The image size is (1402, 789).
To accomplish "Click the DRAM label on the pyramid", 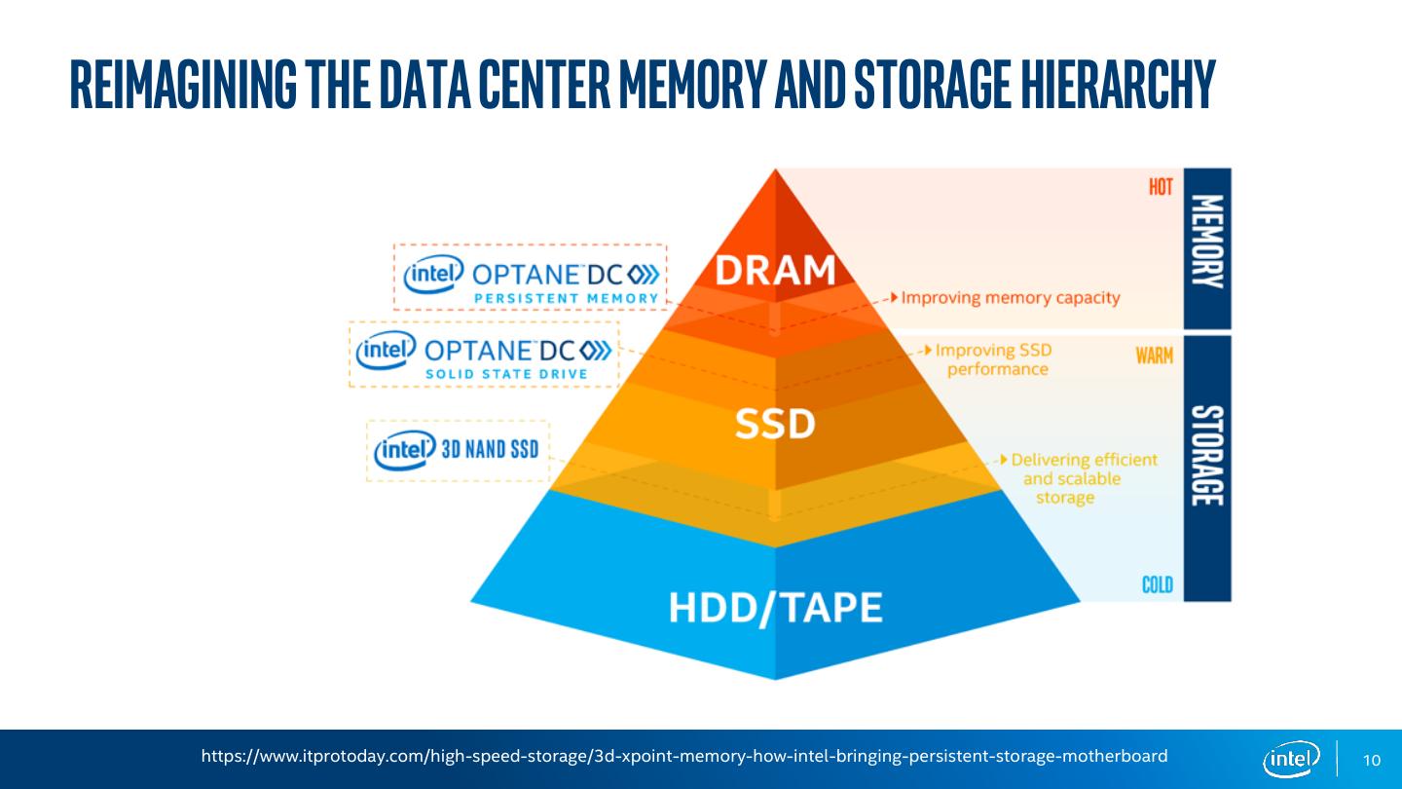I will click(776, 270).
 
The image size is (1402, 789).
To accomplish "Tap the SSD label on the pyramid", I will click(775, 424).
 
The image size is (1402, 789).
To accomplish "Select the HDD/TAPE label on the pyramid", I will click(775, 608).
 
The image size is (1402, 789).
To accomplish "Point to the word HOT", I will click(1161, 187).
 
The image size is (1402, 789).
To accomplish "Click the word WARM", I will click(1155, 356).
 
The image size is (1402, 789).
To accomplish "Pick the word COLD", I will click(1158, 584).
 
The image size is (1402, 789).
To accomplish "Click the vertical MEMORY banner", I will click(1207, 248).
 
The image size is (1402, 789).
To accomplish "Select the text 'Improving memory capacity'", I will click(1011, 297).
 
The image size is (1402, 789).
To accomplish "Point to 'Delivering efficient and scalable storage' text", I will click(1081, 478).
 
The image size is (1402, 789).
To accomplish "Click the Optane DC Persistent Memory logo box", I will click(531, 278).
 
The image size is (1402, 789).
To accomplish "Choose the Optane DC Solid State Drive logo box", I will click(484, 354).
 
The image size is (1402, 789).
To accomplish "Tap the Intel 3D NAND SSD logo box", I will click(458, 450).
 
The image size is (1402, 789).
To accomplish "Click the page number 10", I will click(1372, 761).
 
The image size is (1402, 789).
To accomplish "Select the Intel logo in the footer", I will click(1291, 759).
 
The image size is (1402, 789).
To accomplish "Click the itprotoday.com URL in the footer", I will click(684, 756).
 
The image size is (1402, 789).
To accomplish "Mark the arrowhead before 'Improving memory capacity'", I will click(893, 297).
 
